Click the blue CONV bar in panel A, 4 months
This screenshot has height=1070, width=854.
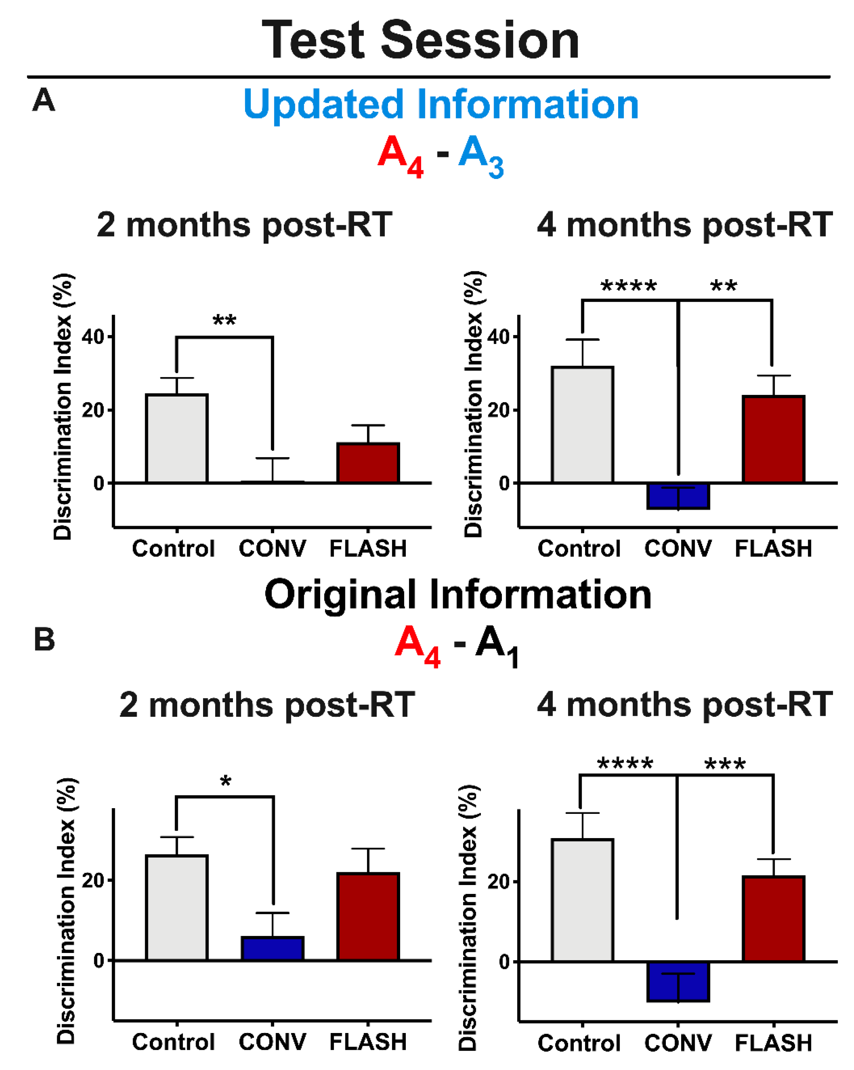pos(678,496)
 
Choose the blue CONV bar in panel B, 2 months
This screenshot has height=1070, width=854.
pos(272,948)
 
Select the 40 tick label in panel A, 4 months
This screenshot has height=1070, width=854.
pos(499,337)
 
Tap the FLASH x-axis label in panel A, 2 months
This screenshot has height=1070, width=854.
pos(368,549)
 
